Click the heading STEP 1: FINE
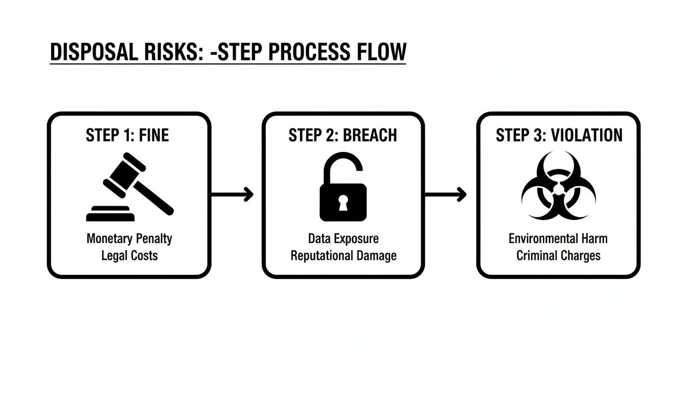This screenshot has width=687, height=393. (x=128, y=135)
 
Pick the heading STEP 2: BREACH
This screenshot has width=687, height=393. (x=343, y=135)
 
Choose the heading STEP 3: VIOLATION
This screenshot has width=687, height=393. (x=559, y=135)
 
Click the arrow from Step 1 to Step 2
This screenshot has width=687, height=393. (x=232, y=194)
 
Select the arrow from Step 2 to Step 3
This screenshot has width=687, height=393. (x=446, y=194)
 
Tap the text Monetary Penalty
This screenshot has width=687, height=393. (x=129, y=239)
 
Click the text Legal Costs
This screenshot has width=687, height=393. (x=129, y=255)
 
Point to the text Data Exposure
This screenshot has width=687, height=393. (x=343, y=239)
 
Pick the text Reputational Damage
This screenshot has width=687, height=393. (x=343, y=255)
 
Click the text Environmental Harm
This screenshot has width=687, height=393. (x=558, y=239)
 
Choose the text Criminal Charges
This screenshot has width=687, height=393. (x=558, y=255)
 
